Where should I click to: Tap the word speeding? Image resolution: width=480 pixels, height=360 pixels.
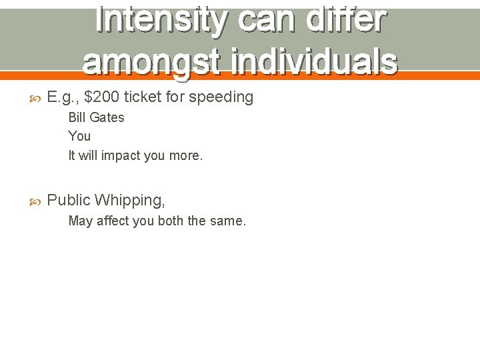[221, 97]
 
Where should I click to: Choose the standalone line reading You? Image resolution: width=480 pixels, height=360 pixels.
[79, 136]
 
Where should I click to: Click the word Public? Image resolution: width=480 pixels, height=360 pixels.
[69, 200]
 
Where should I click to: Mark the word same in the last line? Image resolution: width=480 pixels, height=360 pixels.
[229, 221]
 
